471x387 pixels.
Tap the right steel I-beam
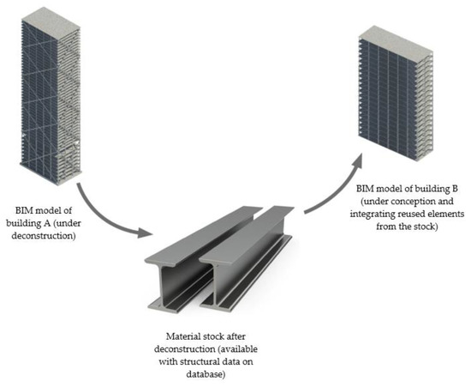tap(257, 257)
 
